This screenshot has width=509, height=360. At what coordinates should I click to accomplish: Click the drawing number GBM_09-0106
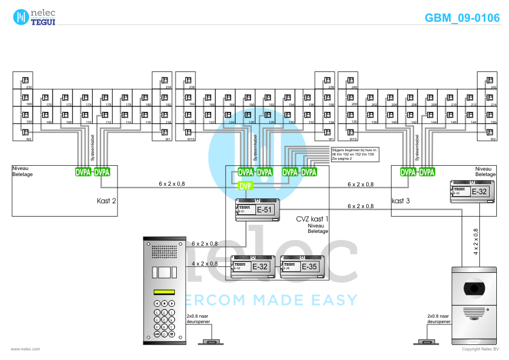click(462, 18)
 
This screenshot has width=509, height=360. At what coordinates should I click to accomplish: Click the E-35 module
click(302, 266)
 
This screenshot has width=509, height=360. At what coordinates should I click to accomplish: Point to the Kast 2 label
click(107, 201)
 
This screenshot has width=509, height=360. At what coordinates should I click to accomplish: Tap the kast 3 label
click(401, 201)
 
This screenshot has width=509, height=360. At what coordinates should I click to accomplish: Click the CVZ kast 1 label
click(312, 218)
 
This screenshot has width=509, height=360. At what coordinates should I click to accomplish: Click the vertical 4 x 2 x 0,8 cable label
click(476, 240)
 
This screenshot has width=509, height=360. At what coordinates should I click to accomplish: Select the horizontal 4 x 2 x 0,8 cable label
click(205, 264)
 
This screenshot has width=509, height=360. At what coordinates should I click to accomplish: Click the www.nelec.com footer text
click(25, 349)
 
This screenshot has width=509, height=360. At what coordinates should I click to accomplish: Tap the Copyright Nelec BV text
click(480, 349)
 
